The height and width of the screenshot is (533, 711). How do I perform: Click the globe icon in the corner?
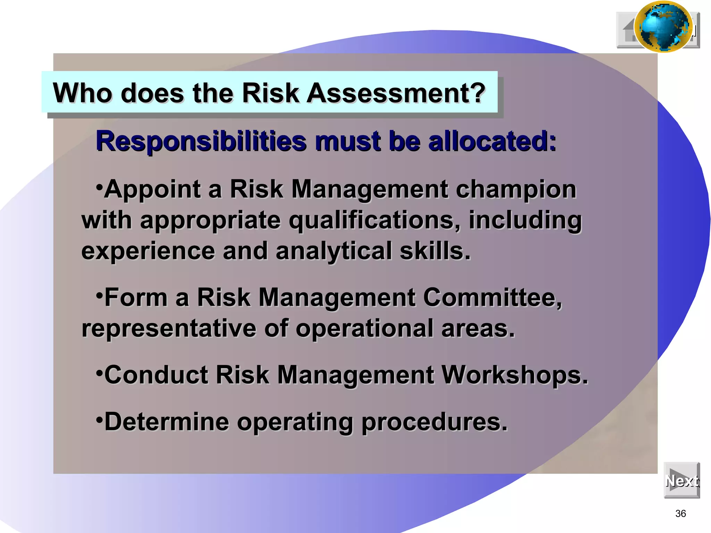click(663, 27)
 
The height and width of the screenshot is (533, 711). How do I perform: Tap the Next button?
click(681, 481)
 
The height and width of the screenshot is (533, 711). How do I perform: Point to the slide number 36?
click(680, 514)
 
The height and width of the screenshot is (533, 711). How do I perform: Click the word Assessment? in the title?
click(396, 93)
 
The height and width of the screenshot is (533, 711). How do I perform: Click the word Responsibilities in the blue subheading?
click(201, 141)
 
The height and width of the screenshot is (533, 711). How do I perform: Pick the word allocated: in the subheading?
click(492, 141)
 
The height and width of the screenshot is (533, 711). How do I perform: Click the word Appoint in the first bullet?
click(152, 190)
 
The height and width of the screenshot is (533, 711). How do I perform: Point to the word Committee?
click(492, 298)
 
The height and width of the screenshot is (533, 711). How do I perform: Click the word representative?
click(169, 328)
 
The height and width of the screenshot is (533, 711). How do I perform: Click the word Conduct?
click(156, 375)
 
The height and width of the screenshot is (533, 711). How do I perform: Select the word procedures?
click(434, 422)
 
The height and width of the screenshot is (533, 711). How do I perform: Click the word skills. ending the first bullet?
click(435, 251)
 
